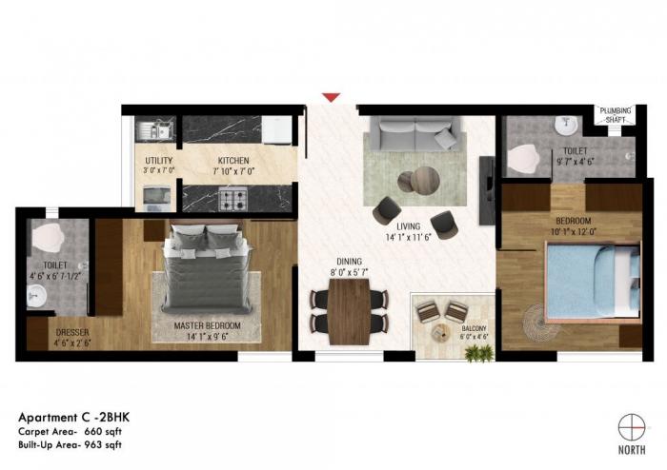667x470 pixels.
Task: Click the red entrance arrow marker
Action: tap(331, 96)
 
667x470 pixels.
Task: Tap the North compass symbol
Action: tap(632, 427)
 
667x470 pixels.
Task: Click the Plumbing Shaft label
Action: tap(616, 114)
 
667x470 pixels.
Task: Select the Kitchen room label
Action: tap(232, 160)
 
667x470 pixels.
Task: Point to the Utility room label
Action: tap(157, 160)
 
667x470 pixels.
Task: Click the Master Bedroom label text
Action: tap(207, 325)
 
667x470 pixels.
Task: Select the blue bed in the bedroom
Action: tap(591, 277)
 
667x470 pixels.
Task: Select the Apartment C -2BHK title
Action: tap(71, 416)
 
